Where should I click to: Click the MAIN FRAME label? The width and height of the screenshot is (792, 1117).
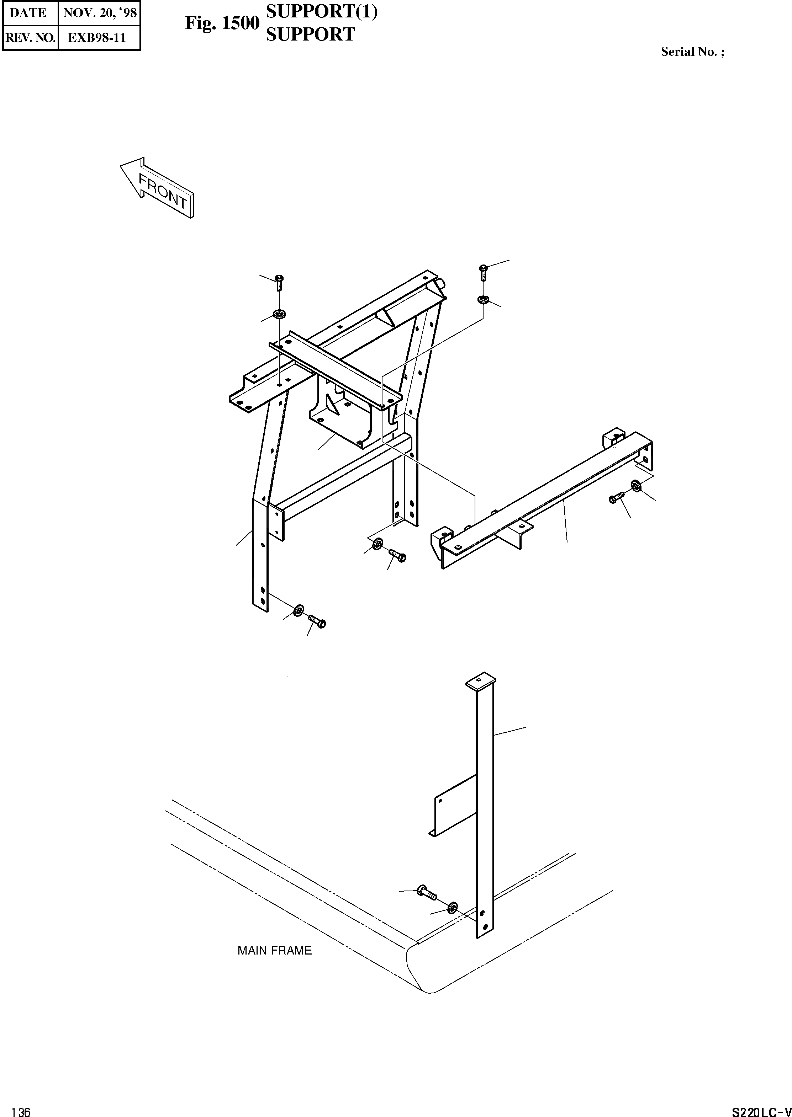pyautogui.click(x=275, y=950)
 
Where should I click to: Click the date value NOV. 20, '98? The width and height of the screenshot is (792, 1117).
pyautogui.click(x=100, y=13)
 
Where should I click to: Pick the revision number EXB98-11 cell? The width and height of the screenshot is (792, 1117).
pyautogui.click(x=97, y=38)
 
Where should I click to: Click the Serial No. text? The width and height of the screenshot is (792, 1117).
pyautogui.click(x=692, y=52)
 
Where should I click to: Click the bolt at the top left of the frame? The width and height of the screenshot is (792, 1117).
pyautogui.click(x=279, y=282)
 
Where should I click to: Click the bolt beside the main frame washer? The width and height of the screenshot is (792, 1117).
pyautogui.click(x=426, y=893)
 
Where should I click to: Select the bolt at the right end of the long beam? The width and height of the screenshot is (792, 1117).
pyautogui.click(x=617, y=498)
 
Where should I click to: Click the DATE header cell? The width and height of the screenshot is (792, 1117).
pyautogui.click(x=28, y=13)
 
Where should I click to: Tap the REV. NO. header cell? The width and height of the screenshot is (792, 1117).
pyautogui.click(x=30, y=38)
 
